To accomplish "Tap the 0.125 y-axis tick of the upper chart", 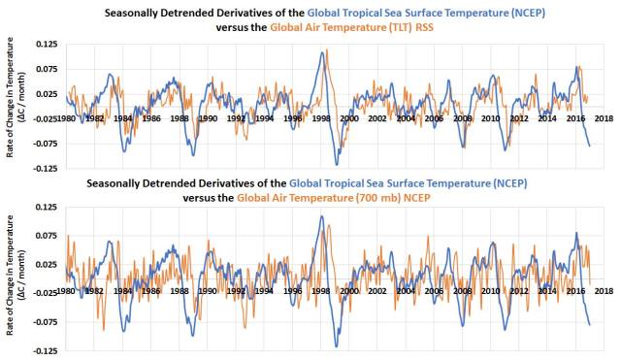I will pyautogui.click(x=45, y=46).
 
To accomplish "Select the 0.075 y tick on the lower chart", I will pyautogui.click(x=45, y=235).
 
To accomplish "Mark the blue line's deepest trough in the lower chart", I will pyautogui.click(x=337, y=345).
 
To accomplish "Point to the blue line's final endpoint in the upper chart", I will pyautogui.click(x=589, y=146).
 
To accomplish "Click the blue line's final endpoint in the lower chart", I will pyautogui.click(x=589, y=325).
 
